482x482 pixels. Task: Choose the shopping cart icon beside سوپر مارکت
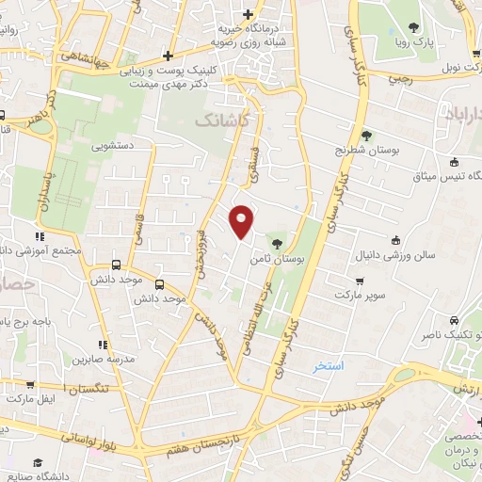click(x=361, y=281)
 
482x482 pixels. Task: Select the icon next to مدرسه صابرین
click(x=103, y=345)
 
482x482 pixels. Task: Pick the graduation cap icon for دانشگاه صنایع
click(x=38, y=462)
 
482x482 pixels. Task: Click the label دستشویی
click(x=110, y=147)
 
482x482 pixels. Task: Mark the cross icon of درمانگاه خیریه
click(x=248, y=14)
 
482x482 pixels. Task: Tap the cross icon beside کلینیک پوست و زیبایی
click(x=168, y=55)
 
